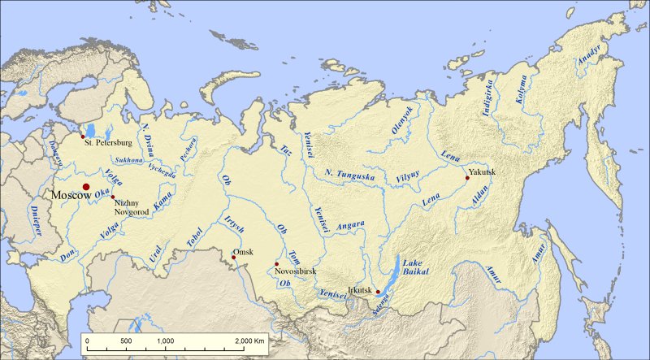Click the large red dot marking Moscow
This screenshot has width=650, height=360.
(x=86, y=188)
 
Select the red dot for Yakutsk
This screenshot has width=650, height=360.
(x=466, y=177)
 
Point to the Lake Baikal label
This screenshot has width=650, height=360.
(x=414, y=268)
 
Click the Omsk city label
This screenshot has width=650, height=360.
(x=241, y=251)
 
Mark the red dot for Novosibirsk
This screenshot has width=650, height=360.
(x=277, y=264)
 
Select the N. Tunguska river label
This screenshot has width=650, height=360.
(x=349, y=172)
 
